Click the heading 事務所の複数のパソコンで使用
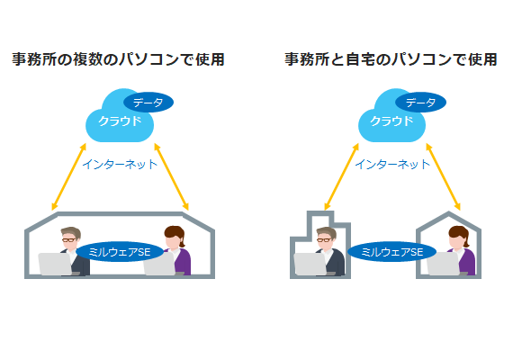click(118, 59)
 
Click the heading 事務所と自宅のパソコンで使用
click(391, 59)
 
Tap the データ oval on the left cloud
click(148, 103)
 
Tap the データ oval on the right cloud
click(420, 103)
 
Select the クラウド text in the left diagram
click(120, 121)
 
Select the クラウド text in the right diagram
click(391, 121)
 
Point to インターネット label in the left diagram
click(120, 164)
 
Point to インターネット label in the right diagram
click(392, 164)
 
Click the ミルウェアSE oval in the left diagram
click(120, 252)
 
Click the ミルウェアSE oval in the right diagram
click(391, 252)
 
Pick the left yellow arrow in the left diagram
click(69, 176)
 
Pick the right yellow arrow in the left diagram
click(171, 176)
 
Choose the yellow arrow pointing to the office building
click(342, 176)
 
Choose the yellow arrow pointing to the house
click(444, 176)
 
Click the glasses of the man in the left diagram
click(68, 240)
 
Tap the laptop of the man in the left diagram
click(56, 264)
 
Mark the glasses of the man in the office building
click(324, 240)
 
